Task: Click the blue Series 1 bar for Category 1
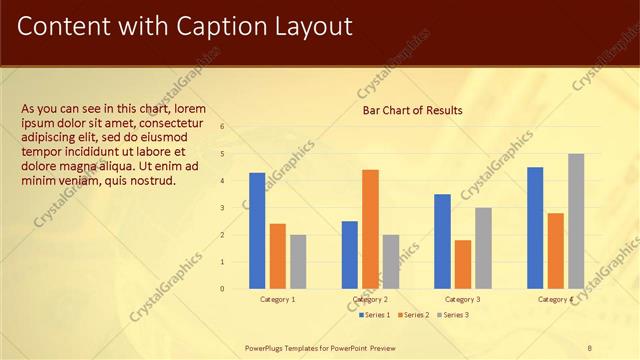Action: [x=257, y=231]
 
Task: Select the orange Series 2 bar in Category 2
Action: [x=370, y=229]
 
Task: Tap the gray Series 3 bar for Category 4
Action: [x=576, y=221]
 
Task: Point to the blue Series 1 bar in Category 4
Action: [x=535, y=228]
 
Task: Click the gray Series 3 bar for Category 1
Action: [x=298, y=262]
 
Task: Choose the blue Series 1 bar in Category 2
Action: [x=350, y=255]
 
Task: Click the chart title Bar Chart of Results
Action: [x=412, y=110]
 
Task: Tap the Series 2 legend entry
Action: [x=414, y=315]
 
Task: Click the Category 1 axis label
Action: [x=277, y=299]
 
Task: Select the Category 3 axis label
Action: [x=462, y=299]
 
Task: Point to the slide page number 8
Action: [x=590, y=348]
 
